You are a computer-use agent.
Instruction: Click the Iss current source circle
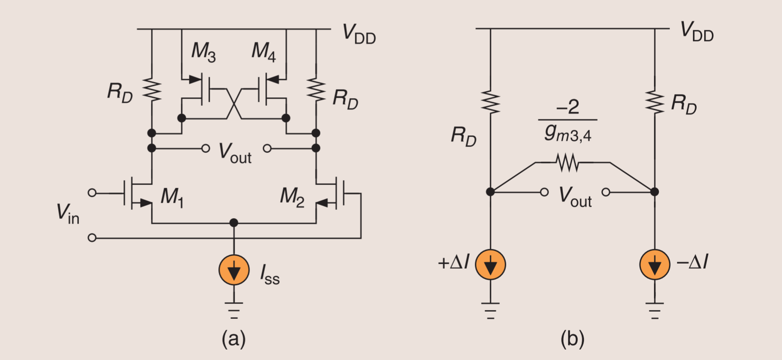tap(234, 270)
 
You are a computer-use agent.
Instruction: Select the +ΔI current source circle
tap(490, 264)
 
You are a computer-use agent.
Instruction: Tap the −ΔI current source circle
tap(654, 264)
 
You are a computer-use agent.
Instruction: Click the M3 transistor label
tap(204, 52)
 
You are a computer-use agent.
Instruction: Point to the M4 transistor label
tap(264, 52)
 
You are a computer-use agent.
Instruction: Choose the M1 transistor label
tap(173, 198)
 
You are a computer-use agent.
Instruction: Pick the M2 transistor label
tap(292, 198)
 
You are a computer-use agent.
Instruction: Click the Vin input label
tap(68, 213)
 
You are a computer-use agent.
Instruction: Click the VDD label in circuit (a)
tap(359, 34)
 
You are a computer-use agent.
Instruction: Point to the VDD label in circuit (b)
tap(697, 32)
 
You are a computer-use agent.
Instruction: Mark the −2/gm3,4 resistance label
tap(568, 121)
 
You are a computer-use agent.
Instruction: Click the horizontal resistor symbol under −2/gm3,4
tap(567, 163)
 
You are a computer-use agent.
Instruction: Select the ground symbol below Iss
tap(234, 311)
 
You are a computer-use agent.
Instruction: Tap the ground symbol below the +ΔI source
tap(490, 311)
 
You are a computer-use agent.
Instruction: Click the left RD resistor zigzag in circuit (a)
tap(152, 90)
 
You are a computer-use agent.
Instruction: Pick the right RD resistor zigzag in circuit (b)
tap(654, 102)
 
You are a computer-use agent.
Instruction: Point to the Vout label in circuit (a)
tap(235, 154)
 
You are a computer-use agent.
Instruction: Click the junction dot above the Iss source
tap(234, 223)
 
